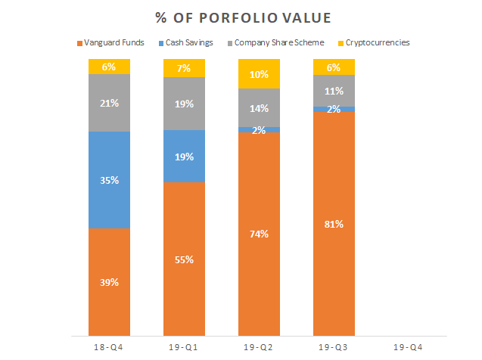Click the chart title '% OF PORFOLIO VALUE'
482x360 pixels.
[240, 17]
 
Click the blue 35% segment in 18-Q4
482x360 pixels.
[109, 180]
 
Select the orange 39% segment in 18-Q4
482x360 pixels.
[109, 281]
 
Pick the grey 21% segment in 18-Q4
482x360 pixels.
[109, 102]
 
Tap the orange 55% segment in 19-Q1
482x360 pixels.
[184, 259]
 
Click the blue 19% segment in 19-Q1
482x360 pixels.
[184, 157]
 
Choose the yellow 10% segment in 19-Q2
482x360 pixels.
[259, 74]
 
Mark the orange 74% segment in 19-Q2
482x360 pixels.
[259, 234]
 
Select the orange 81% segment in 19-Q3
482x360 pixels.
[334, 223]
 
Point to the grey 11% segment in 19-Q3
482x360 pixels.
[334, 92]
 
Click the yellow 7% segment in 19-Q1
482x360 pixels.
[184, 68]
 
